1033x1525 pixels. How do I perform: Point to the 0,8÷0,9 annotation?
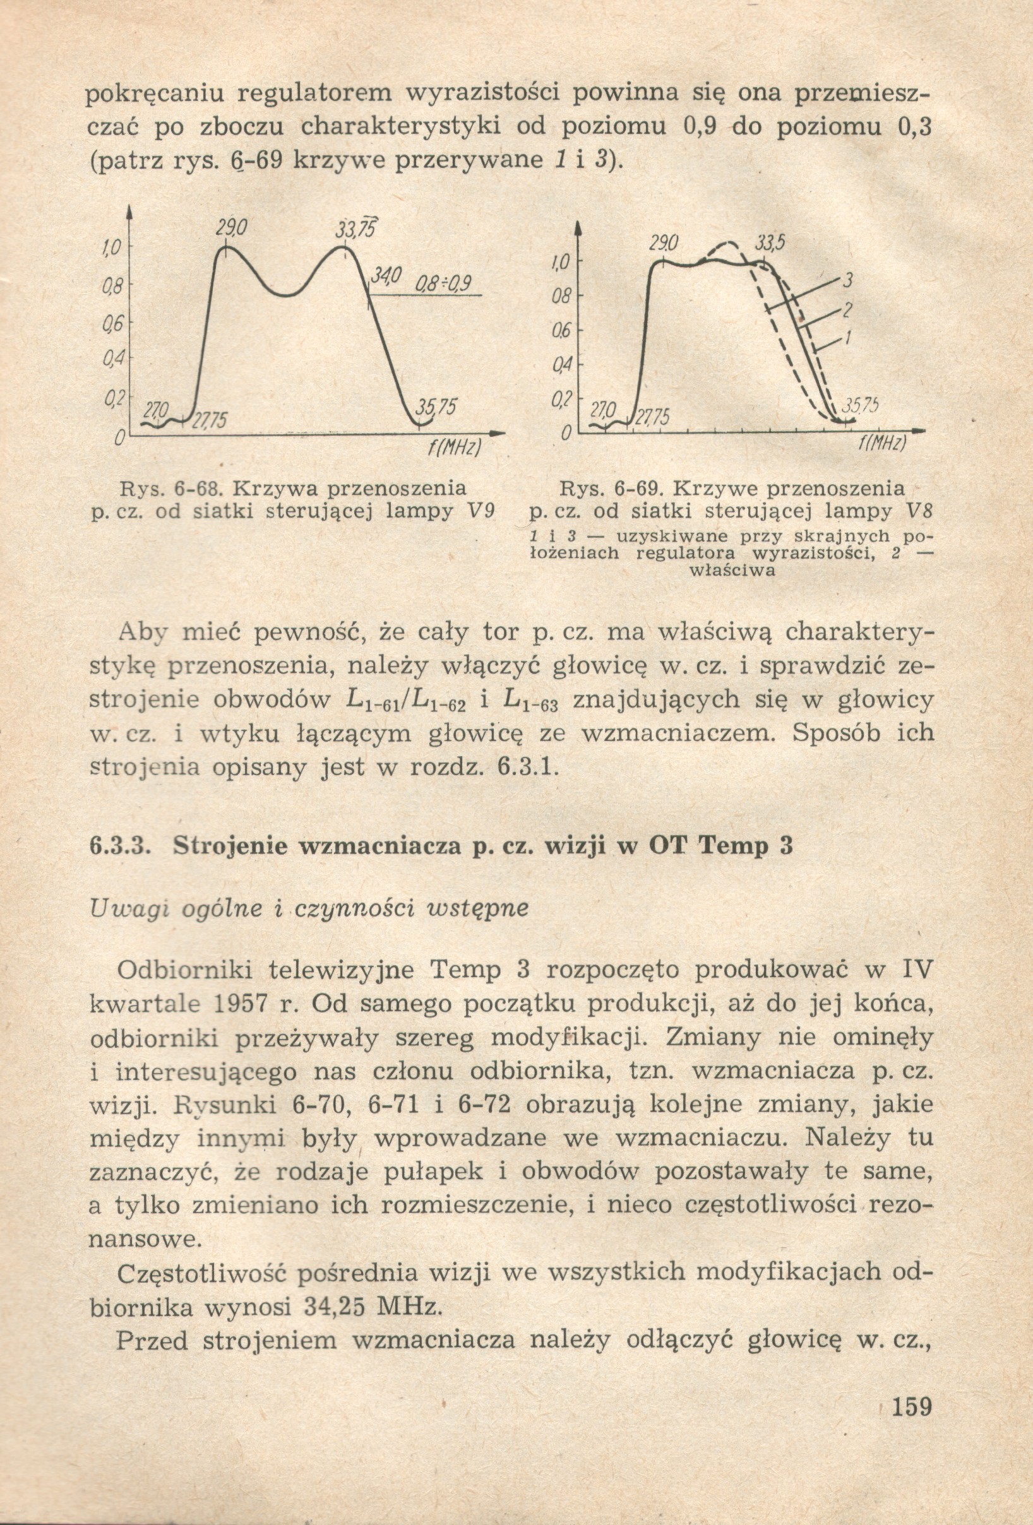pos(444,284)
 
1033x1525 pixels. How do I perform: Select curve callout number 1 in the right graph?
pos(847,337)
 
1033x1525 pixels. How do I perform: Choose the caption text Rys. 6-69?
pos(612,489)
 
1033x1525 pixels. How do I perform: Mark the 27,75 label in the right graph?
pos(651,418)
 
